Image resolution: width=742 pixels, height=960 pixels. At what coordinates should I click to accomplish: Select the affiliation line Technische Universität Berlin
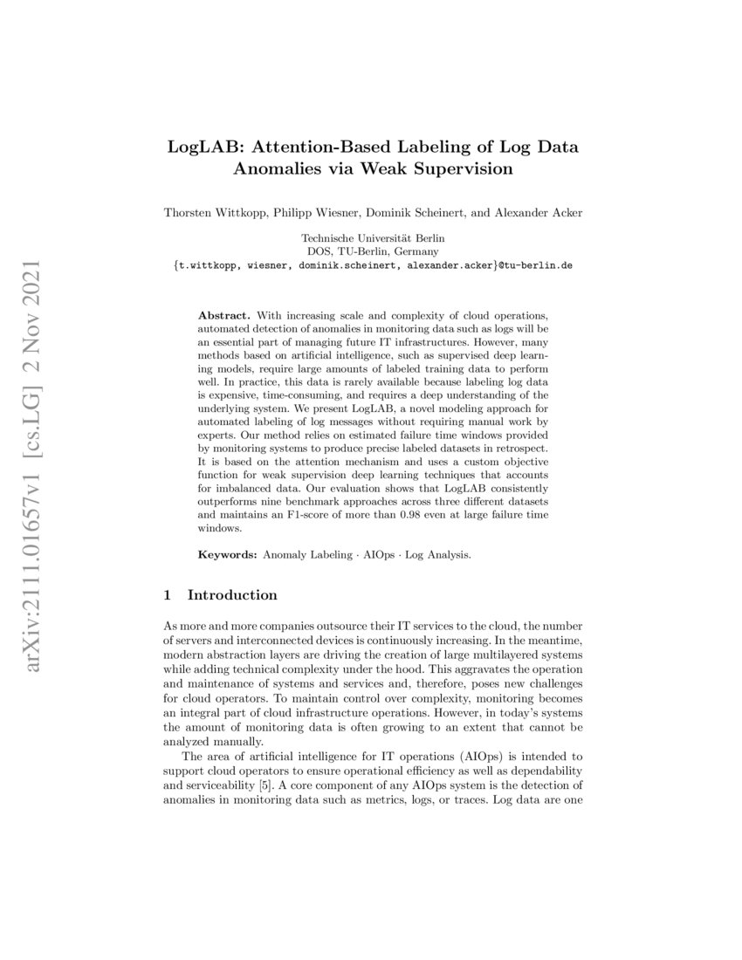(373, 238)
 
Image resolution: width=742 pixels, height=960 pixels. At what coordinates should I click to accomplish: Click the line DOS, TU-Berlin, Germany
(373, 251)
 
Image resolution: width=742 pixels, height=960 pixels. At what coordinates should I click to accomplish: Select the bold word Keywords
(228, 554)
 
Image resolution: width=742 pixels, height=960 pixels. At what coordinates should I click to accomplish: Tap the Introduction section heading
(232, 595)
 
